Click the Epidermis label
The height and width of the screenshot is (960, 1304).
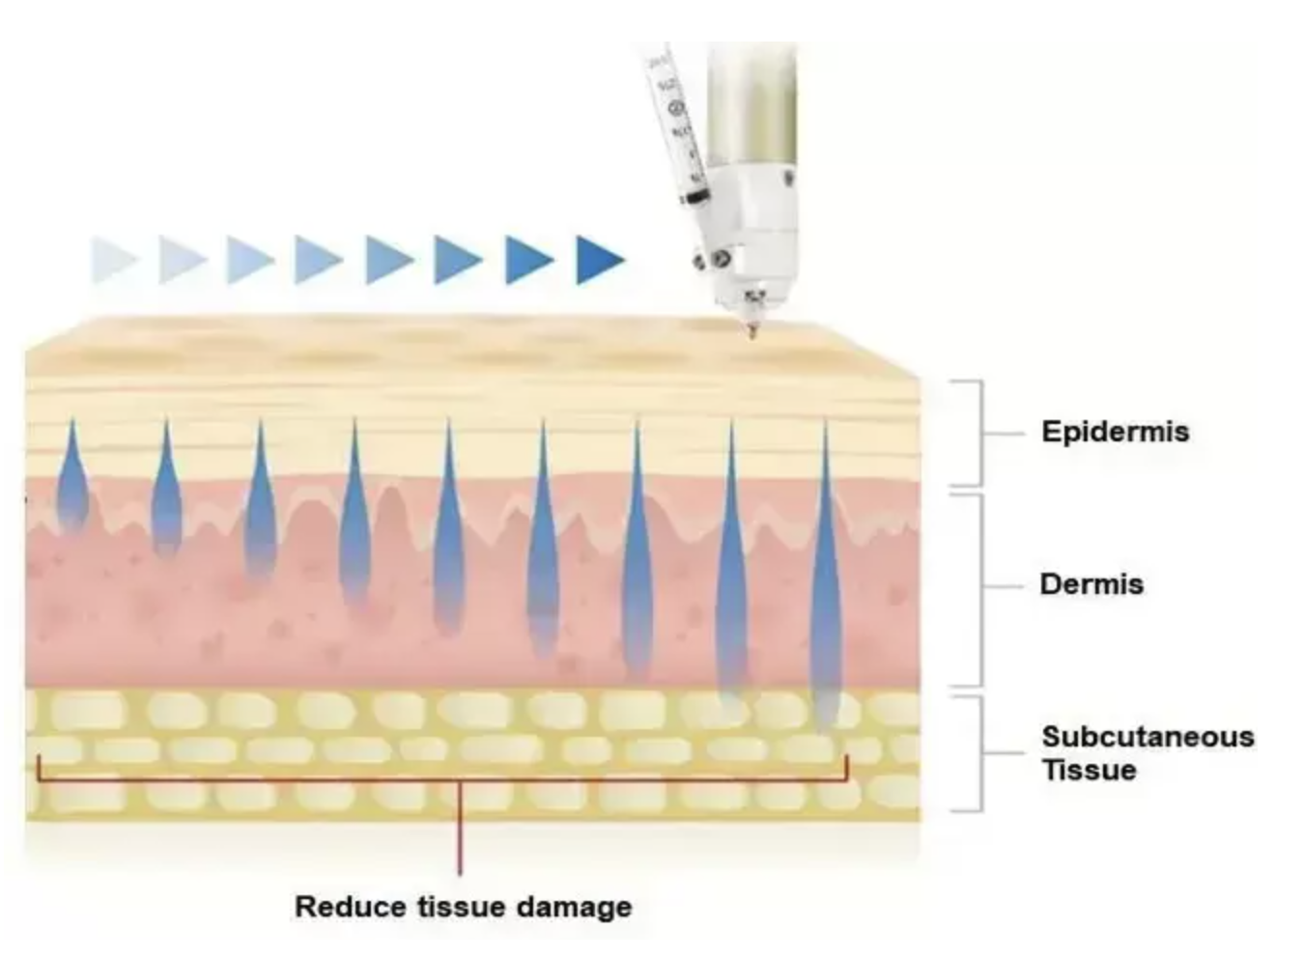[1115, 431]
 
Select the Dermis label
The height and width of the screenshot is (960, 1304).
[1091, 584]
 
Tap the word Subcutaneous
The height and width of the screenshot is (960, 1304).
[1148, 737]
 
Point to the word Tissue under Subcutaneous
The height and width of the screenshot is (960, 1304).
[1089, 771]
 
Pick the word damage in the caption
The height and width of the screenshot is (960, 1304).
[574, 908]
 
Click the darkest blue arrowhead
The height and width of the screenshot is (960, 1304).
[599, 260]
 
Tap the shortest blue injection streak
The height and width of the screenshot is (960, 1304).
[72, 478]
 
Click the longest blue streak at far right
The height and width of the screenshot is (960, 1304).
[826, 579]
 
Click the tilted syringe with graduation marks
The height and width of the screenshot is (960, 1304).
[677, 126]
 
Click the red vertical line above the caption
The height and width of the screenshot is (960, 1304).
[460, 831]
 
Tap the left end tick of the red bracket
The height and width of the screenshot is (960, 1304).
[39, 768]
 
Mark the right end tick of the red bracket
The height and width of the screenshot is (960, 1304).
[846, 768]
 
